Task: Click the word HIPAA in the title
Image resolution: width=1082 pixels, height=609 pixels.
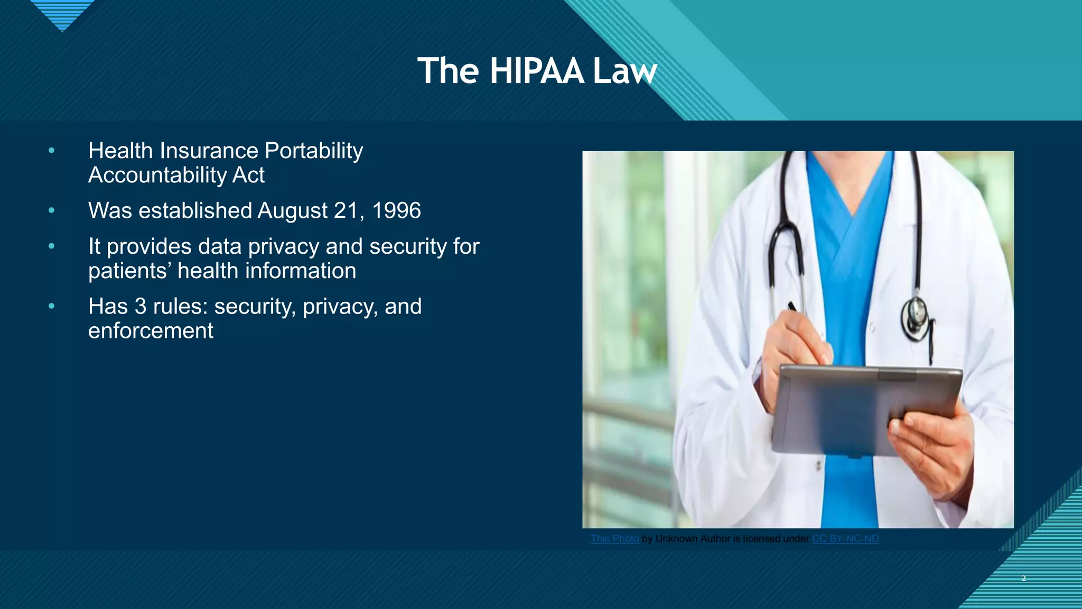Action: [536, 71]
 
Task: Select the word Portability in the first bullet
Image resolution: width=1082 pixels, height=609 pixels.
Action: [313, 151]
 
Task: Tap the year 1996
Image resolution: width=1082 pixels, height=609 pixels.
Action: [396, 210]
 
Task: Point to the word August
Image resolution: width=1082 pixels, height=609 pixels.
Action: [292, 210]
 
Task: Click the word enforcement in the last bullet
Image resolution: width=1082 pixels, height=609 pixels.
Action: [151, 331]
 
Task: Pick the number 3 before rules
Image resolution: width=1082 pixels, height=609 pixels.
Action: [140, 307]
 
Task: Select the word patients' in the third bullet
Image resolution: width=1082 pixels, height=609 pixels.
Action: [129, 271]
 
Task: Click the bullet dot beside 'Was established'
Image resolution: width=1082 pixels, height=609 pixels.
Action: [51, 210]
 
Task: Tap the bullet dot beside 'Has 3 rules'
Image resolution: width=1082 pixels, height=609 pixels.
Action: [51, 306]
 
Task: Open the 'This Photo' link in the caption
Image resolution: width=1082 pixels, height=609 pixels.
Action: [614, 539]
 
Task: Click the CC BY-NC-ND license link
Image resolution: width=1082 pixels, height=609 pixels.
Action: [845, 539]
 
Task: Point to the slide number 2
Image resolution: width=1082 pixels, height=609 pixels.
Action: [1023, 578]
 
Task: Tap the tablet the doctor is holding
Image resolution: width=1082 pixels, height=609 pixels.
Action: [866, 407]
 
